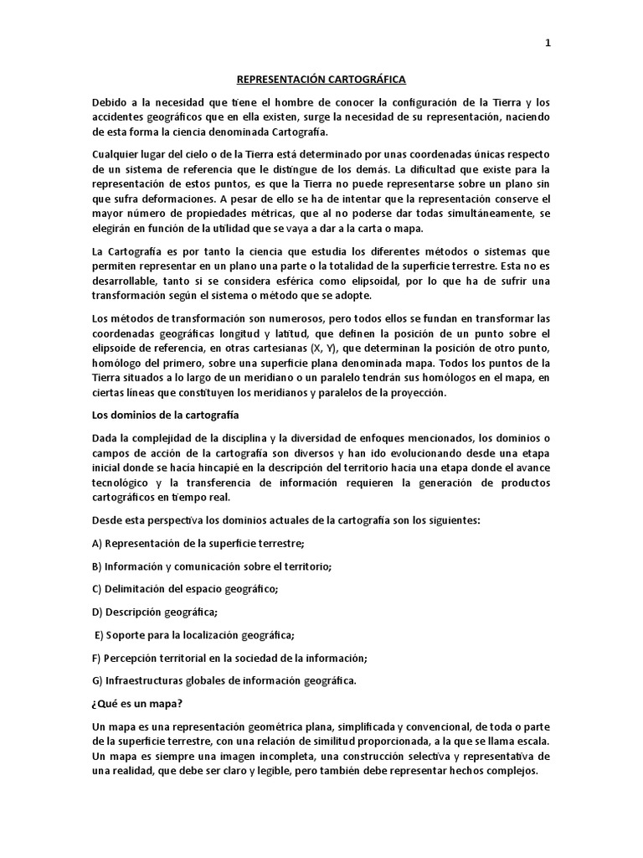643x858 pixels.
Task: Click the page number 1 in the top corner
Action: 548,44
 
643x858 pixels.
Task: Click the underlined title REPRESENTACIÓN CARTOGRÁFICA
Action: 321,79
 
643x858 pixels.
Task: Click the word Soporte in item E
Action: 126,634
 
